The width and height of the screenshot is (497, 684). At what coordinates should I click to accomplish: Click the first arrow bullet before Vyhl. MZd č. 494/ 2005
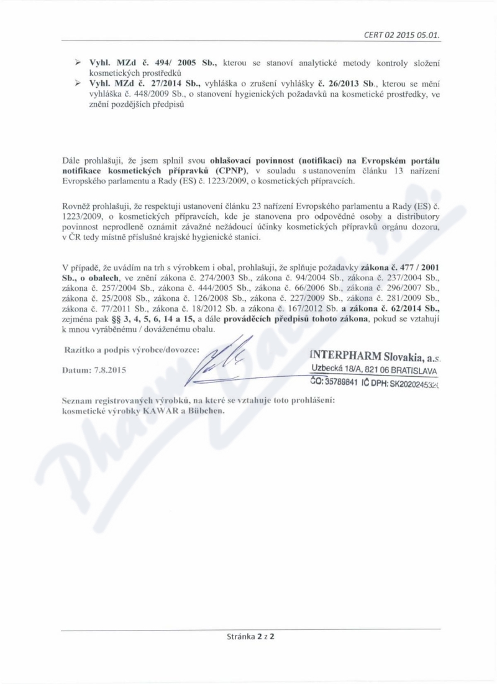coord(79,63)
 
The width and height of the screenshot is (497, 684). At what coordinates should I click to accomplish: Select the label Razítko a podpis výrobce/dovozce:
coord(132,350)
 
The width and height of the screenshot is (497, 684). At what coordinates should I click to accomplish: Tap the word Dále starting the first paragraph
coord(73,161)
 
